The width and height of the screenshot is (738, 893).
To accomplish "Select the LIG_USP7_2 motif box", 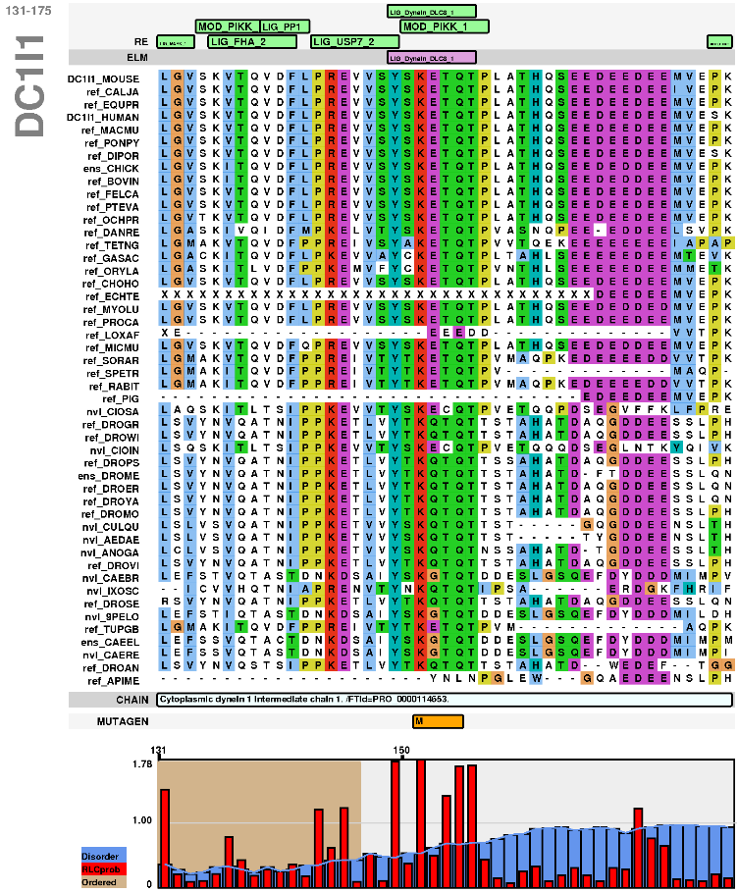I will coord(355,42).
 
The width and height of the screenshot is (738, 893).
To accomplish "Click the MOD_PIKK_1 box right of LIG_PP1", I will coord(435,26).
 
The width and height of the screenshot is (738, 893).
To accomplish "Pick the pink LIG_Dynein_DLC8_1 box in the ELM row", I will coord(432,58).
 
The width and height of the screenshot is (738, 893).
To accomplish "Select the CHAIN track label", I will coord(131,672).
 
